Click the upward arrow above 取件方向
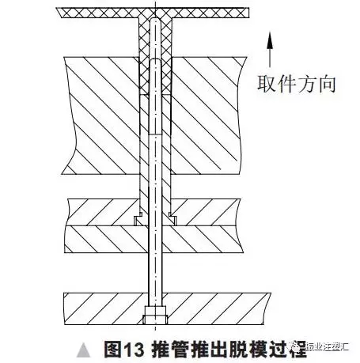pyautogui.click(x=269, y=49)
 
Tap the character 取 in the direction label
pyautogui.click(x=267, y=84)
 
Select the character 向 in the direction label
pyautogui.click(x=327, y=84)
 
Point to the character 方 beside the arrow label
pyautogui.click(x=306, y=84)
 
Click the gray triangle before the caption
pyautogui.click(x=83, y=350)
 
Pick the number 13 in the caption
pyautogui.click(x=135, y=350)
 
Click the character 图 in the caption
pyautogui.click(x=113, y=350)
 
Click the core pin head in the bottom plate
pyautogui.click(x=155, y=315)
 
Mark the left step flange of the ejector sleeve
pyautogui.click(x=138, y=220)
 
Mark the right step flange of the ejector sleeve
pyautogui.click(x=172, y=220)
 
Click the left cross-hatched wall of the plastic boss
pyautogui.click(x=144, y=57)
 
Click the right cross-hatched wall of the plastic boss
pyautogui.click(x=166, y=57)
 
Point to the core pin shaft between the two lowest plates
pyautogui.click(x=155, y=273)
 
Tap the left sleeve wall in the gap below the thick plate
pyautogui.click(x=144, y=186)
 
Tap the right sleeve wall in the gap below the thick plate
pyautogui.click(x=166, y=186)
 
